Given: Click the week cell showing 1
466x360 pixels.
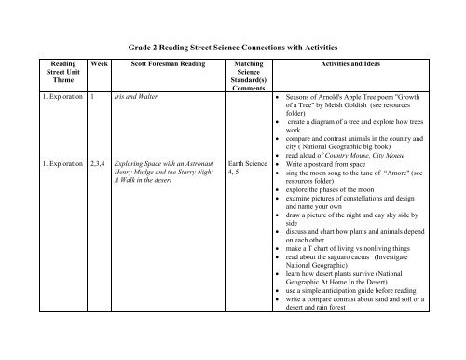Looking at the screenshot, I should pos(93,96).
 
